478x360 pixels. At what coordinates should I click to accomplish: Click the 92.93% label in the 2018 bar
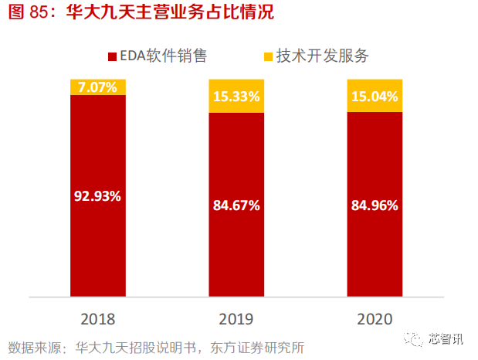tap(97, 195)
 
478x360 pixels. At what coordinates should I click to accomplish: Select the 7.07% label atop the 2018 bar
tap(97, 87)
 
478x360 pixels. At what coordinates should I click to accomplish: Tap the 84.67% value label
tap(236, 205)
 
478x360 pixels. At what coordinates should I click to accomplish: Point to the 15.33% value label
tap(236, 97)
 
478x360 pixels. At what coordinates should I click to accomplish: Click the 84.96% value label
tap(375, 205)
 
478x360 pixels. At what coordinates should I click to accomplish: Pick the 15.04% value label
tap(375, 97)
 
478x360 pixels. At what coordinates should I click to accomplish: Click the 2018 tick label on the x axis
tap(97, 319)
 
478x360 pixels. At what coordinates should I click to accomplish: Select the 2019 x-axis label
tap(236, 319)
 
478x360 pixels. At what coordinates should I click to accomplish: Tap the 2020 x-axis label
tap(375, 319)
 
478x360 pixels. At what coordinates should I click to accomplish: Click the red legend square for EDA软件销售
tap(112, 56)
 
